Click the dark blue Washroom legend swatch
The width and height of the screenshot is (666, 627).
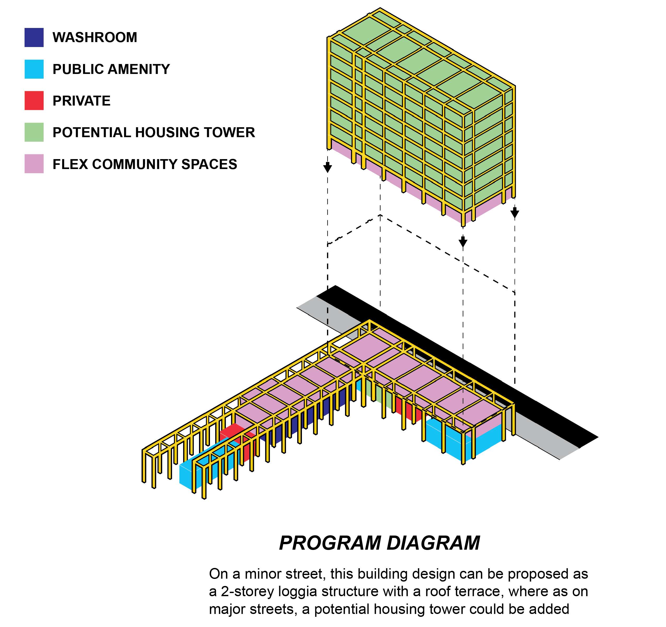click(x=34, y=37)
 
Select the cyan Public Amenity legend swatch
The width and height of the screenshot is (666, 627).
click(x=34, y=69)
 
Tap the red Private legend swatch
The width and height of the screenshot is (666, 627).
click(x=34, y=101)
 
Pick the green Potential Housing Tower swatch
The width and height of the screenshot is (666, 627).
click(x=34, y=132)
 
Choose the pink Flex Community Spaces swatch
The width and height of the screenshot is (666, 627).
click(x=34, y=164)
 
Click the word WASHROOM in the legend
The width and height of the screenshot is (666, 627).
click(x=95, y=37)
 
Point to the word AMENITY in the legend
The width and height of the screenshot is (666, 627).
click(x=139, y=69)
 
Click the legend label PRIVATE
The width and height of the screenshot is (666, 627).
click(x=81, y=101)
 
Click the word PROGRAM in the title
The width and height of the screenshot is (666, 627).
click(x=330, y=543)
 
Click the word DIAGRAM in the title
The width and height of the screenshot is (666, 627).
click(x=433, y=543)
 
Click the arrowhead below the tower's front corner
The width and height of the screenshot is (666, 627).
click(x=463, y=242)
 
